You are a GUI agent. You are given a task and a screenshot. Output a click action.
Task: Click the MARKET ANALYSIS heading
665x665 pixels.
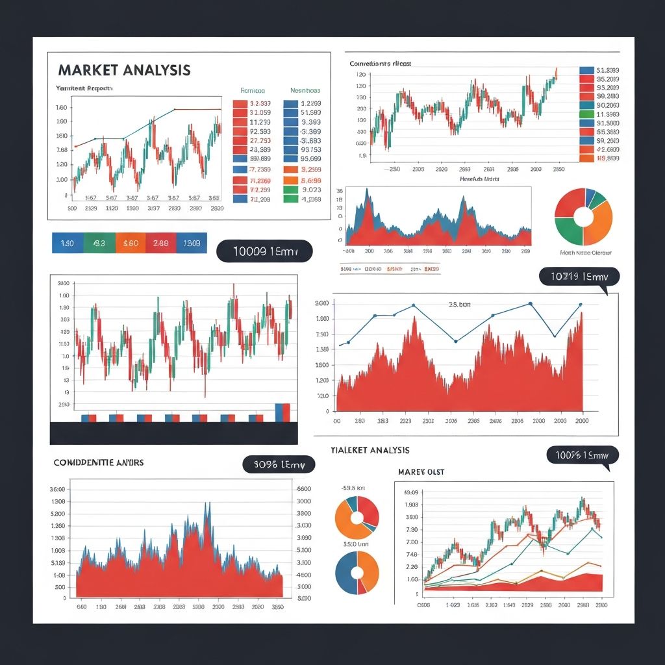(x=124, y=70)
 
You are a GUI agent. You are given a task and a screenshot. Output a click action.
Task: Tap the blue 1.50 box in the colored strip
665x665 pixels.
(x=67, y=244)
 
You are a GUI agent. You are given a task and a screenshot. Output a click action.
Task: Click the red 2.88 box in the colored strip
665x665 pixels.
(x=161, y=244)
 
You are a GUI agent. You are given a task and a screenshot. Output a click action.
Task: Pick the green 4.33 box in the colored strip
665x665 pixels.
(x=99, y=244)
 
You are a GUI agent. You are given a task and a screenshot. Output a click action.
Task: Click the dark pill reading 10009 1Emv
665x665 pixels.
(x=264, y=251)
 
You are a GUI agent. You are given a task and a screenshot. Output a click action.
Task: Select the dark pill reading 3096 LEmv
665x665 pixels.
(x=279, y=464)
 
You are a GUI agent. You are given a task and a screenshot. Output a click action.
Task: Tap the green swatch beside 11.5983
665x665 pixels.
(x=586, y=114)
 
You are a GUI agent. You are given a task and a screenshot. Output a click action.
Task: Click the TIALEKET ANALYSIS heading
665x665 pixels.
(x=370, y=450)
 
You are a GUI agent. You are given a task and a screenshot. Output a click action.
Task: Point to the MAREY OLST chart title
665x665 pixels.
(x=421, y=472)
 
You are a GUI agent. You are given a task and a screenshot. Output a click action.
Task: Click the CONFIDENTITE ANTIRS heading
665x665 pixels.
(x=99, y=463)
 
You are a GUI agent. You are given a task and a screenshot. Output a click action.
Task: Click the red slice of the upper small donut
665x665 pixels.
(x=369, y=508)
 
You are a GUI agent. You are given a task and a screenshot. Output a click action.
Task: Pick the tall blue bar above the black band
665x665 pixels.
(x=279, y=412)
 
